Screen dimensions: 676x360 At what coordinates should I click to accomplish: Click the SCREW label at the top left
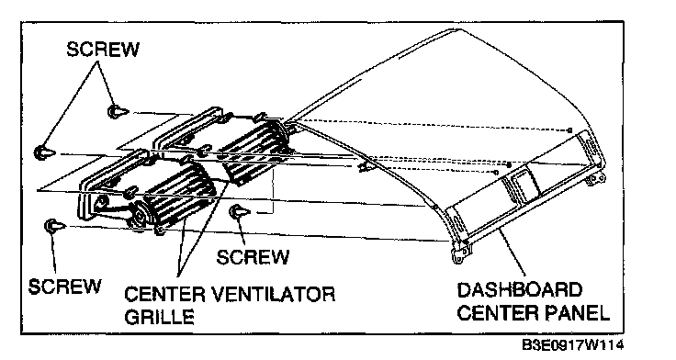[103, 50]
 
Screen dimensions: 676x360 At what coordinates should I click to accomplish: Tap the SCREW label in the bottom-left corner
[64, 287]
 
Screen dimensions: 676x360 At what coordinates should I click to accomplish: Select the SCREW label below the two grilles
[253, 257]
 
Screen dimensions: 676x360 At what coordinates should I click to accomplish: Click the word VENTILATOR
[274, 294]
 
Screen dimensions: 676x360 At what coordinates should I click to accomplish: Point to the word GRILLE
[159, 317]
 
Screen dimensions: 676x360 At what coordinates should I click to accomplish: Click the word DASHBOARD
[519, 289]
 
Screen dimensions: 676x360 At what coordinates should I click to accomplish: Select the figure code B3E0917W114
[572, 345]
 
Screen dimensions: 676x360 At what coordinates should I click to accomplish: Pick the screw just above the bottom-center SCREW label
[240, 212]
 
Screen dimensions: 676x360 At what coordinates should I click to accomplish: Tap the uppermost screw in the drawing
[118, 112]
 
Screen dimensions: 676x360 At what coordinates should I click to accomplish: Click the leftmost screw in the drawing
[44, 152]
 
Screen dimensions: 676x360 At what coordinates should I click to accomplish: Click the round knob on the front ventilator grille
[141, 214]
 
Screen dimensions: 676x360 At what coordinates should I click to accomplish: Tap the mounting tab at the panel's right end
[598, 177]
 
